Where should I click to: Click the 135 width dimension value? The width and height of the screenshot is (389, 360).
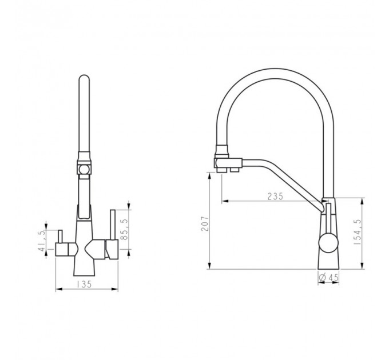point(84,284)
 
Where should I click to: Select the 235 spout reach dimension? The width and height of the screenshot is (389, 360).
point(275,196)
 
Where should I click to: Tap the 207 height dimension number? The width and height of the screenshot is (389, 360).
point(205,223)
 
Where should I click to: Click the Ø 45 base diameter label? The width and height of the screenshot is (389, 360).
point(329,278)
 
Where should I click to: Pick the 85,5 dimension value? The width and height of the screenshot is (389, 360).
point(124,229)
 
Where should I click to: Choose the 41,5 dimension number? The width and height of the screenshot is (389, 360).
point(42,241)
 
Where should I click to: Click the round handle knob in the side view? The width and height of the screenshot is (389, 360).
point(328,242)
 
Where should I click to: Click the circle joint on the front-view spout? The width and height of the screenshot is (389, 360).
point(84,170)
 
